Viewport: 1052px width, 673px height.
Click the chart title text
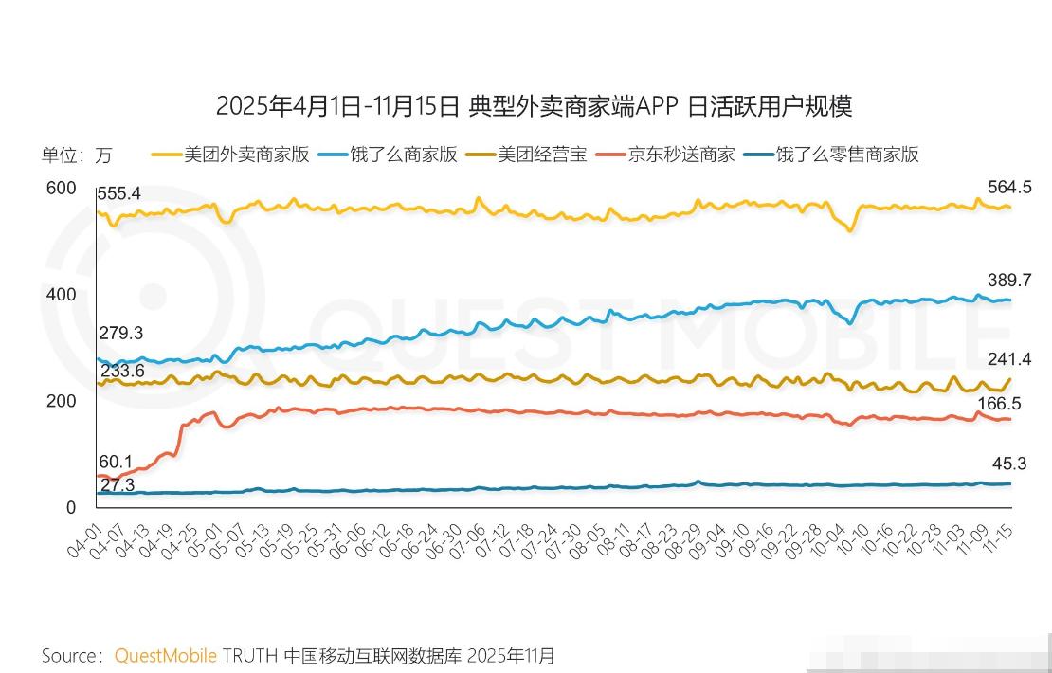pyautogui.click(x=534, y=105)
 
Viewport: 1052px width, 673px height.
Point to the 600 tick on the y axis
pyautogui.click(x=61, y=189)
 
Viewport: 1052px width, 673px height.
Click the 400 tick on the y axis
pyautogui.click(x=61, y=295)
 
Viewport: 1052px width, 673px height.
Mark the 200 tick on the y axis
pyautogui.click(x=61, y=401)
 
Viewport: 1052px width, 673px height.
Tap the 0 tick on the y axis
pyautogui.click(x=70, y=507)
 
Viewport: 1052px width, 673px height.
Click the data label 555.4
pyautogui.click(x=119, y=193)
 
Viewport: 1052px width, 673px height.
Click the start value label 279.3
pyautogui.click(x=121, y=334)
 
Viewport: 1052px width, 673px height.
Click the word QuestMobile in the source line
pyautogui.click(x=166, y=655)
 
